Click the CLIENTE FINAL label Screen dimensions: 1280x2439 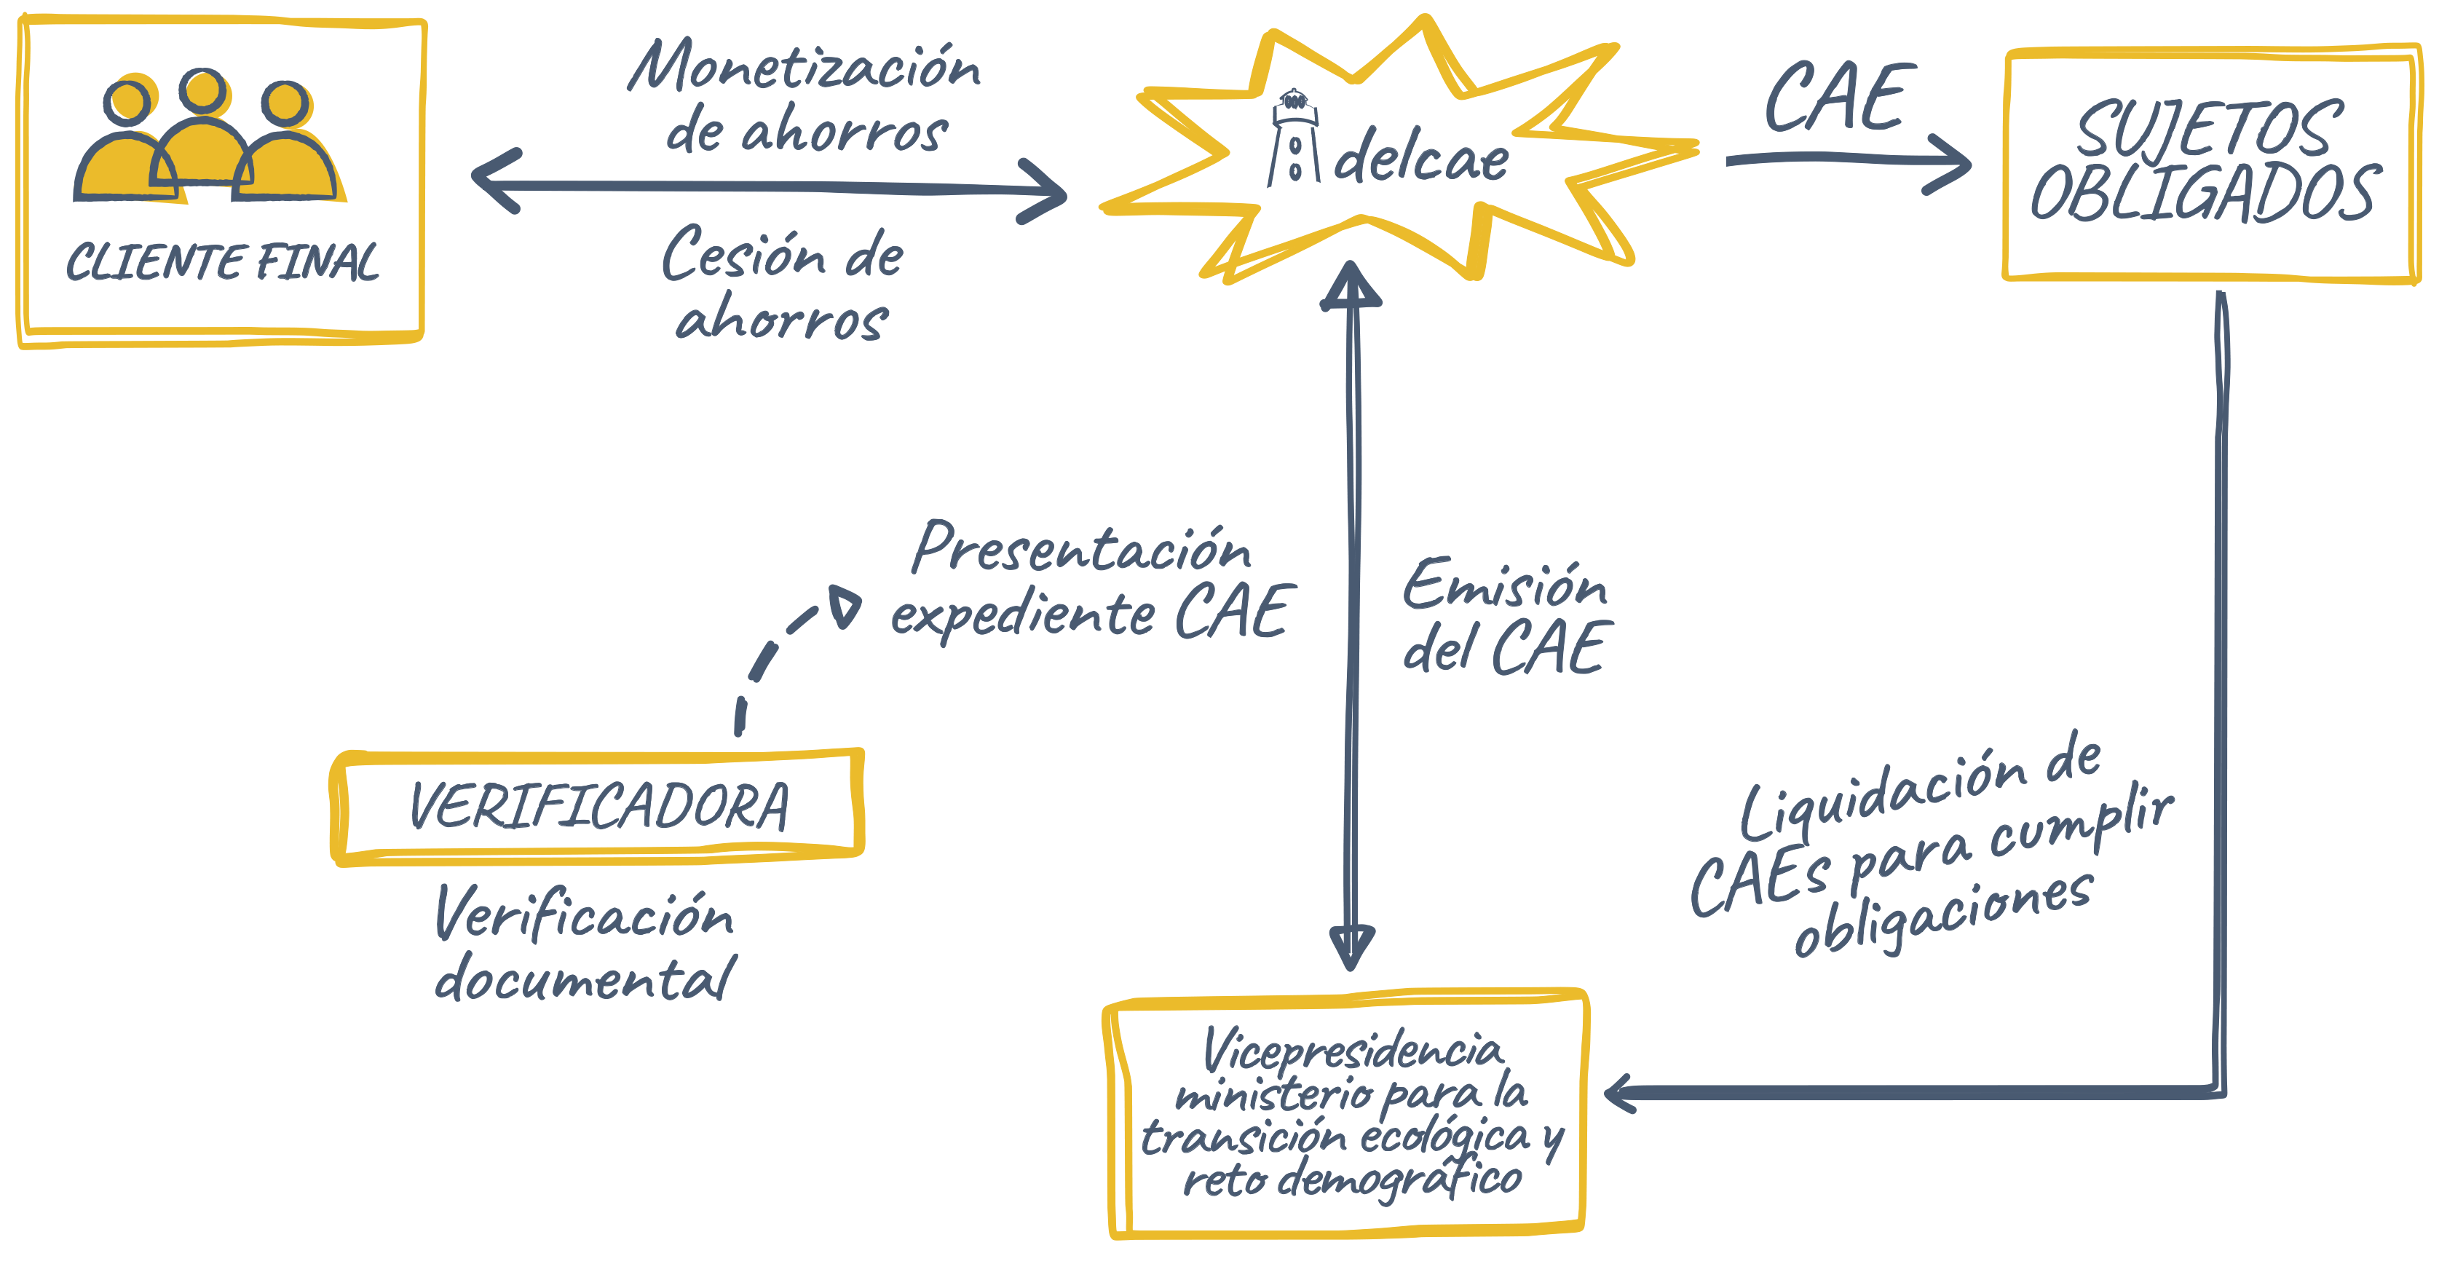(x=223, y=262)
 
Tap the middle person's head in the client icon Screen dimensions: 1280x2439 (x=202, y=92)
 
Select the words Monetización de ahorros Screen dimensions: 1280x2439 (x=805, y=98)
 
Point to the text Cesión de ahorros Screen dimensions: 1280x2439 (x=782, y=284)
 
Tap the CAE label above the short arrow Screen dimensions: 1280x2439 (x=1837, y=97)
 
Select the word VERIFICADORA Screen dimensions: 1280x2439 (x=598, y=807)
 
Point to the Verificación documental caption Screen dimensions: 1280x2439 (x=584, y=945)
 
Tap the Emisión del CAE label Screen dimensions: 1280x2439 (x=1506, y=617)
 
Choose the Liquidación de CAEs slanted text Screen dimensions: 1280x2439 (x=1932, y=842)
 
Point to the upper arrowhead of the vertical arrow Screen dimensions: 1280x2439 (x=1351, y=284)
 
